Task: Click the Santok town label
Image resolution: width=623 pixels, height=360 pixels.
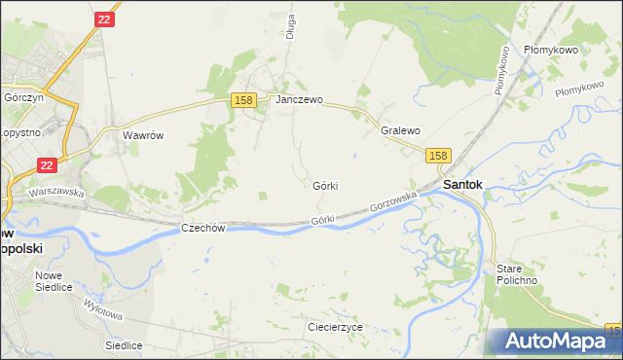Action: coord(463,183)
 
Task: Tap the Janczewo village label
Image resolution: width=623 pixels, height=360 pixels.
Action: coord(299,99)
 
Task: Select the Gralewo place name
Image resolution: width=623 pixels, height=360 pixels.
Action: coord(400,130)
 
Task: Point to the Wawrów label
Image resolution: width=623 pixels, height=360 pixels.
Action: coord(142,135)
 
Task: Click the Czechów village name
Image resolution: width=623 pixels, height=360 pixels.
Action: coord(203,228)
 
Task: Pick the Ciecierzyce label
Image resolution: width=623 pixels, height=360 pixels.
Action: coord(334,327)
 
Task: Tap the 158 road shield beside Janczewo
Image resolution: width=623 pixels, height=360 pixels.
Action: coord(243,100)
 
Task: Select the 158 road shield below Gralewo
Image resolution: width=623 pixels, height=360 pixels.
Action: coord(438,156)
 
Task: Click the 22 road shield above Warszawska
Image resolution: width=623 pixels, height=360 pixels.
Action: coord(48,167)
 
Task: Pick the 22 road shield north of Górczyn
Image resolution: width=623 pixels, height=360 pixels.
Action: coord(106,18)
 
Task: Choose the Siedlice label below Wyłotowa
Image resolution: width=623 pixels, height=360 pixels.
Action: coord(125,345)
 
